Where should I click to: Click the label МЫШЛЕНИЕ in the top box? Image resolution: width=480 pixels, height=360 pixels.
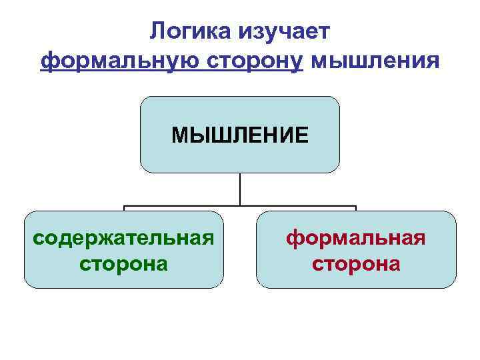click(239, 135)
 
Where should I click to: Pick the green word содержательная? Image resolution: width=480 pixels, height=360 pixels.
click(124, 238)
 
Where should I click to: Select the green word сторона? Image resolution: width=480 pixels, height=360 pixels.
click(124, 263)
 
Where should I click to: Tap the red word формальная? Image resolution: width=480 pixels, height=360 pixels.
click(356, 238)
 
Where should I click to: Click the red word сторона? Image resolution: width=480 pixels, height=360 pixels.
click(356, 263)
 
